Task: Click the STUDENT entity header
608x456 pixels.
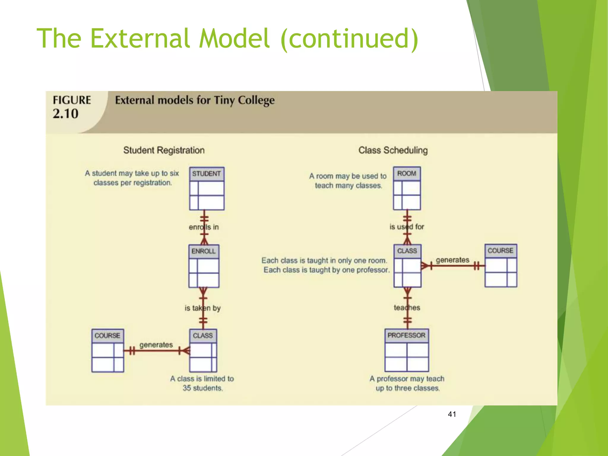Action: point(207,174)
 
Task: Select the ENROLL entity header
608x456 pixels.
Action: point(204,251)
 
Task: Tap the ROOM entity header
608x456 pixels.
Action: point(407,173)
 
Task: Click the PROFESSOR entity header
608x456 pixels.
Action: point(406,335)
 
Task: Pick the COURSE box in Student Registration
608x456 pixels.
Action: point(107,350)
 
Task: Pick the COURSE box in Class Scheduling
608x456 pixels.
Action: point(501,265)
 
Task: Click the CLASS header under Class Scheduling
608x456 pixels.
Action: point(407,251)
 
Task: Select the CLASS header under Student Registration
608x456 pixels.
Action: point(203,335)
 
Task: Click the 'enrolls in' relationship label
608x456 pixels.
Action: point(204,227)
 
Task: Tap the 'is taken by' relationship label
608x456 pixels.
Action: point(203,308)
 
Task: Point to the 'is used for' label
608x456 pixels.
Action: point(407,227)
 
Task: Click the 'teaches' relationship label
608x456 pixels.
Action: point(407,308)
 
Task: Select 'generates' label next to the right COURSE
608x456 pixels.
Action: point(452,260)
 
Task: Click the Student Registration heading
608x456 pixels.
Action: point(164,150)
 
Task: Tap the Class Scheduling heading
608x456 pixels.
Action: point(393,150)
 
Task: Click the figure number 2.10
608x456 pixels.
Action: point(66,114)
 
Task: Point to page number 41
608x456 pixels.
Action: point(452,414)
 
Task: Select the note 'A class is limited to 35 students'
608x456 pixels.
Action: point(202,383)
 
